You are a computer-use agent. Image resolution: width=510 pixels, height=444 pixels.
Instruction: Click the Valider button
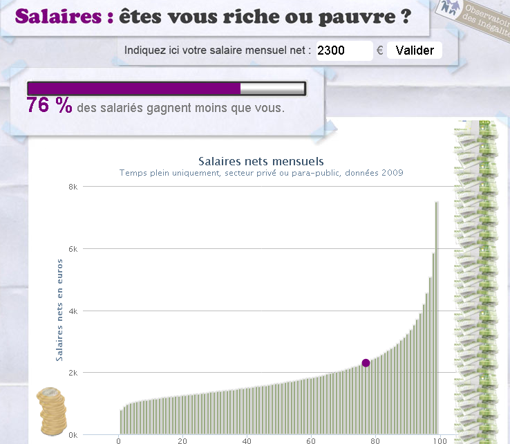(x=414, y=50)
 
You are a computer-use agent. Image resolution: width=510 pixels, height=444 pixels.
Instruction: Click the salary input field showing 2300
(x=344, y=50)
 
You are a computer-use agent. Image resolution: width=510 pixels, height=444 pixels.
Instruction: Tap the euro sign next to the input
(x=379, y=50)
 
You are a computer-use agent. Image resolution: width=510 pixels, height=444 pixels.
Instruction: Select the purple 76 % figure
(x=49, y=106)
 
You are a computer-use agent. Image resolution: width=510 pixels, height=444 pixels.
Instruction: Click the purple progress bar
(x=134, y=88)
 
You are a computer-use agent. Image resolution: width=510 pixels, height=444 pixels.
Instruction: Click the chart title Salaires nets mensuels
(x=261, y=162)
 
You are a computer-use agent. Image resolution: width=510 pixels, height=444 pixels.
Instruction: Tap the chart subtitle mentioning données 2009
(x=261, y=173)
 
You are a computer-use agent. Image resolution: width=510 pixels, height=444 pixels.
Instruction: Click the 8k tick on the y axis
(x=73, y=187)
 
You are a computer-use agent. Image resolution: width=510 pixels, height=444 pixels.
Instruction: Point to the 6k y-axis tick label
(x=73, y=249)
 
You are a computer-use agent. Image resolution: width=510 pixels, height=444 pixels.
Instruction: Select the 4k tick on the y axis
(x=73, y=311)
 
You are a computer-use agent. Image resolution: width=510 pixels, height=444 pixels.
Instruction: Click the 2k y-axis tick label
(x=73, y=373)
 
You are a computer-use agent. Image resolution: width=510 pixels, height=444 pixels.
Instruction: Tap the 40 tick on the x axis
(x=247, y=441)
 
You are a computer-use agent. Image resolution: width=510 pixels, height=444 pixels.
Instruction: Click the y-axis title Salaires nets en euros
(x=59, y=309)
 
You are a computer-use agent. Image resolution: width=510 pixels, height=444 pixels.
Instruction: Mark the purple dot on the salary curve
(x=366, y=363)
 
